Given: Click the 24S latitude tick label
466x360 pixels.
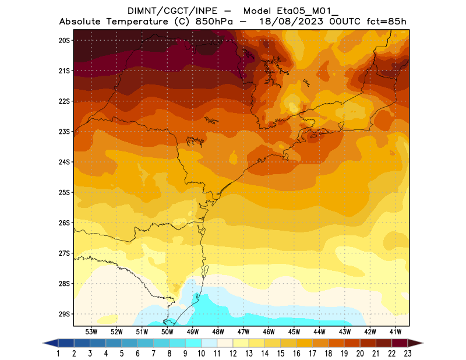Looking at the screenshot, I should pos(64,162).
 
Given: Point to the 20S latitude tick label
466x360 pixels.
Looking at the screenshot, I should pos(64,40).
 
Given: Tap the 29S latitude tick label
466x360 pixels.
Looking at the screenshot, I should pos(64,314).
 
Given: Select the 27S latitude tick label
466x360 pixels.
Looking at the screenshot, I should pos(64,253).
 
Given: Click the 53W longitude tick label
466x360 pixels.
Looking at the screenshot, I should pos(91,331).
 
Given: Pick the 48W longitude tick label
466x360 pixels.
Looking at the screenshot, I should pos(218,331).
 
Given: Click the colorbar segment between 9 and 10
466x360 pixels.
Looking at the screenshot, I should pos(193,343).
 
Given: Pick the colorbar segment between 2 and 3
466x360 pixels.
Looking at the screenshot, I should pos(82,343).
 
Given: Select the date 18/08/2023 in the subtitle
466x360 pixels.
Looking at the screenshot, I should pos(290,22).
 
